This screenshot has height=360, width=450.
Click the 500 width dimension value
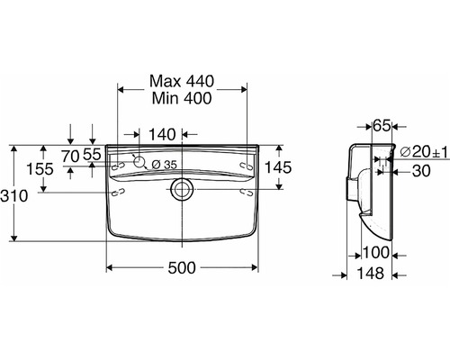click(x=182, y=267)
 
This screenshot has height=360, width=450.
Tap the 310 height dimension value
click(x=14, y=196)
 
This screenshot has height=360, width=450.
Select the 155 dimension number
click(x=40, y=169)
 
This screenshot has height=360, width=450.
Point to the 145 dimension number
click(x=278, y=167)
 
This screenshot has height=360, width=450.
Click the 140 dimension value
click(x=162, y=135)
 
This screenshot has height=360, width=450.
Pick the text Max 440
click(x=182, y=81)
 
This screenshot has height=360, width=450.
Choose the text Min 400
click(x=182, y=98)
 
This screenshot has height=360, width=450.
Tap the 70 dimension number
click(x=70, y=156)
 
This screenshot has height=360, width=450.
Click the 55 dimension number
click(x=92, y=155)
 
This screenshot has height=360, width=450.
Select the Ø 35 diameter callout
click(x=164, y=165)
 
